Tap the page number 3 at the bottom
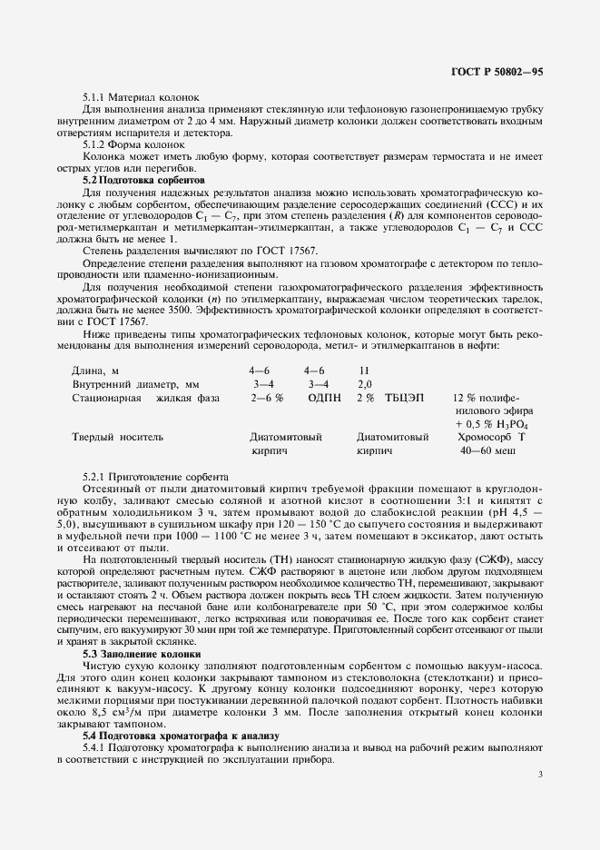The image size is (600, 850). [x=540, y=775]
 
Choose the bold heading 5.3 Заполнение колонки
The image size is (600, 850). [x=142, y=654]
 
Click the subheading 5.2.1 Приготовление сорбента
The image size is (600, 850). [x=156, y=476]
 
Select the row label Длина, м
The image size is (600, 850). [x=95, y=371]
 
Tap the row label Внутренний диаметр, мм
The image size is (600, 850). [x=135, y=384]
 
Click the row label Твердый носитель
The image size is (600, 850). [x=118, y=437]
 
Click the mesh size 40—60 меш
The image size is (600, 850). [x=487, y=450]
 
